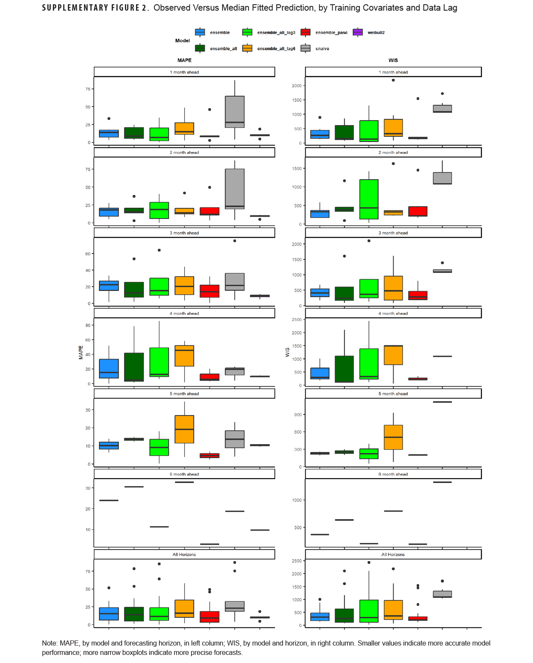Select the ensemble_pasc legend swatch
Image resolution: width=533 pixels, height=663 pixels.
tap(305, 32)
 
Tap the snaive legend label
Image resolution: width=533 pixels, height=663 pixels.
tap(322, 49)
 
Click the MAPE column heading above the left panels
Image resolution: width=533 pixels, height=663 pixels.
tap(184, 60)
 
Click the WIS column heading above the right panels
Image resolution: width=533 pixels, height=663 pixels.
tap(393, 60)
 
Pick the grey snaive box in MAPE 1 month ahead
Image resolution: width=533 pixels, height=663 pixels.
tap(235, 112)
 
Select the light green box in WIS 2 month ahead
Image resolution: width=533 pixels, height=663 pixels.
tap(369, 199)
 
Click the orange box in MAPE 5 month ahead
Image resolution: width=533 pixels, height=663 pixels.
tap(184, 429)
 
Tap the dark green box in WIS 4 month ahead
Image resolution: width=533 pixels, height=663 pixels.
tap(344, 369)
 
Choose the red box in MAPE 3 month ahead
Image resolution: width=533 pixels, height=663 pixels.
tap(209, 291)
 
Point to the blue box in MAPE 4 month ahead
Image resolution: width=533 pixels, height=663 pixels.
tap(109, 368)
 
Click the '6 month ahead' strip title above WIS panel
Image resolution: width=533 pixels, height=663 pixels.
tap(393, 474)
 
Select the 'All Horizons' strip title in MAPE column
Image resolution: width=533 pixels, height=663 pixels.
tap(184, 554)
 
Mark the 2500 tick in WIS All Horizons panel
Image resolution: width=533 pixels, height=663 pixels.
tap(296, 561)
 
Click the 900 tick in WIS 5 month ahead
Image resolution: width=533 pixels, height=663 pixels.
tap(298, 415)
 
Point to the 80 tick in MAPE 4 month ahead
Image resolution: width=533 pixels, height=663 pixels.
tap(88, 325)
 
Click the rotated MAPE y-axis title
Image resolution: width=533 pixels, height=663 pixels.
tap(81, 352)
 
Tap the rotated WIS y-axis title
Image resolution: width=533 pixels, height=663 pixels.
tap(287, 352)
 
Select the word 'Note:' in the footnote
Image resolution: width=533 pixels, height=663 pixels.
tap(49, 643)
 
